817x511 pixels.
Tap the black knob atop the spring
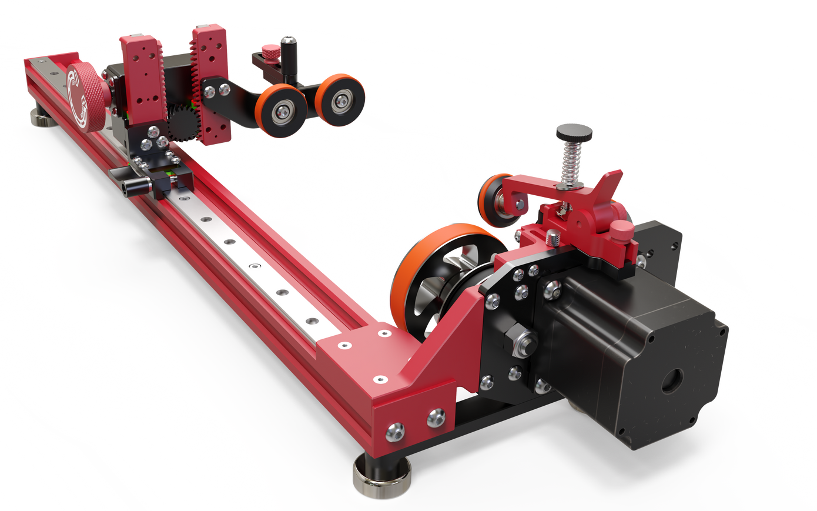pyautogui.click(x=574, y=131)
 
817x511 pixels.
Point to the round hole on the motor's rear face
pyautogui.click(x=672, y=382)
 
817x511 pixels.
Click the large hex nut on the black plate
pyautogui.click(x=520, y=341)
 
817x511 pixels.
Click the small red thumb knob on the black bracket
pyautogui.click(x=270, y=51)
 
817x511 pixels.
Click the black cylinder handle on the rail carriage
pyautogui.click(x=134, y=186)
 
